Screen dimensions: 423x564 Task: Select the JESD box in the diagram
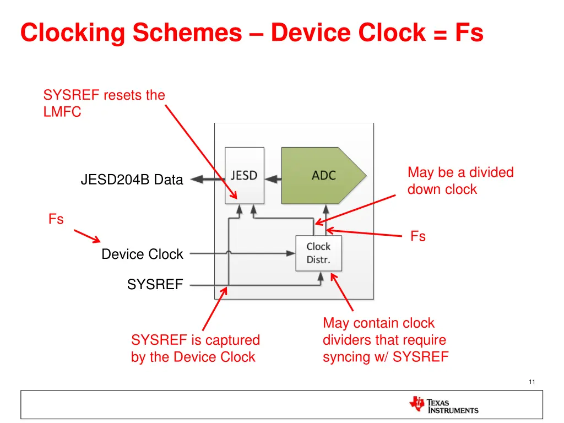click(x=244, y=176)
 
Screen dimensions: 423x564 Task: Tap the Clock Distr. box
click(x=318, y=253)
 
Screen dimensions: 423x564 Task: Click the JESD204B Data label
click(x=132, y=180)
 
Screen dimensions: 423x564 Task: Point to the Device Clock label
click(x=142, y=254)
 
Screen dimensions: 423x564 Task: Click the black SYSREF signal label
click(x=155, y=285)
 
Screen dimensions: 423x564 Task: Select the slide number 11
click(x=532, y=382)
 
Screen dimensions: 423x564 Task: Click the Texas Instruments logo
click(x=444, y=405)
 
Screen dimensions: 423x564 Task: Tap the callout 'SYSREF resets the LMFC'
click(x=104, y=104)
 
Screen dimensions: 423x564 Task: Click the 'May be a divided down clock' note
click(x=460, y=181)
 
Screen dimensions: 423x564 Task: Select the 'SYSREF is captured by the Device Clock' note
click(x=195, y=349)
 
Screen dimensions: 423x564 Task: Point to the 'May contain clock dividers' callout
click(x=385, y=340)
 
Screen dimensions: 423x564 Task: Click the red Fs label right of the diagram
click(x=418, y=236)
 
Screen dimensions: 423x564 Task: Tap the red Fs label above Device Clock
click(x=56, y=219)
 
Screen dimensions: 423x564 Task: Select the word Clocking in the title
click(x=73, y=32)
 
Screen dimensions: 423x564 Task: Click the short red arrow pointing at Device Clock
click(x=87, y=236)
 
